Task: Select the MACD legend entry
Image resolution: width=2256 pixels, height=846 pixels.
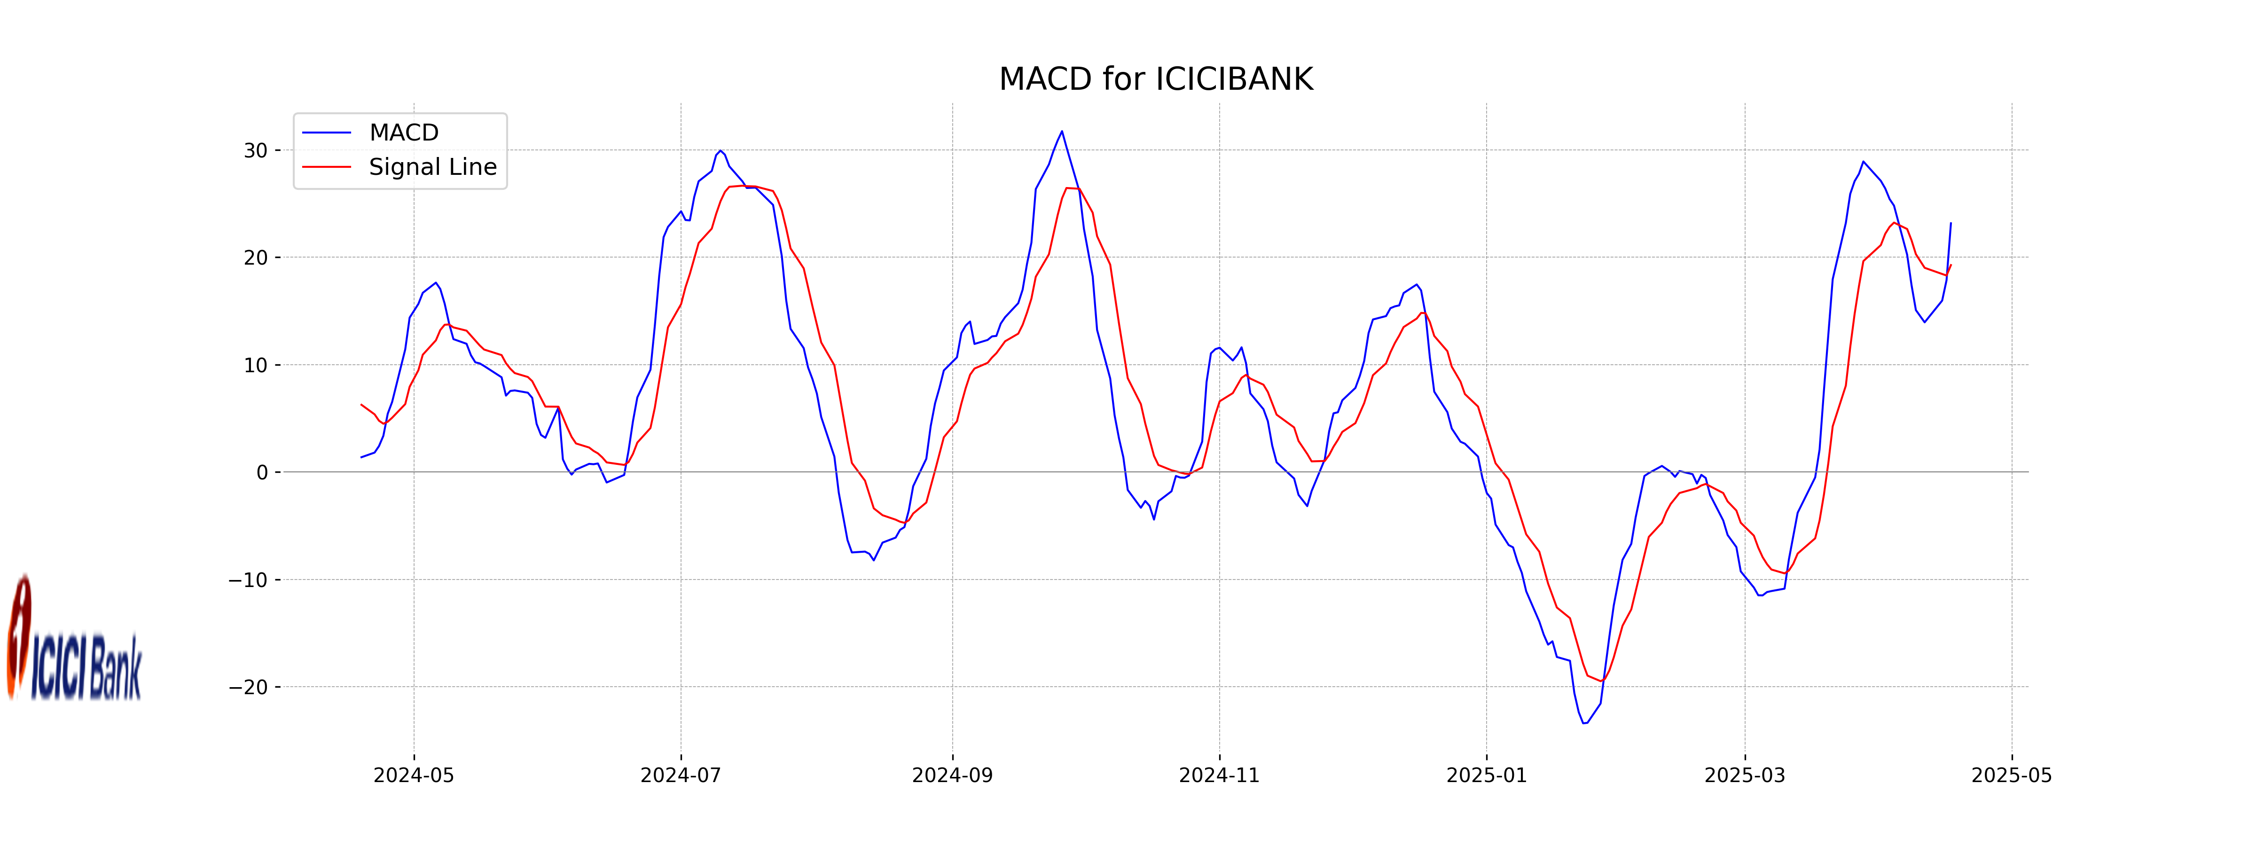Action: tap(403, 132)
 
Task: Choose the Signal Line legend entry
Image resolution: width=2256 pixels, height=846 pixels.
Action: tap(432, 166)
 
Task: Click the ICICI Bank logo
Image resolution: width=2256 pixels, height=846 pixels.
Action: tap(74, 639)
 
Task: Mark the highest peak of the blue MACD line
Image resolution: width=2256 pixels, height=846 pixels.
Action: tap(1061, 132)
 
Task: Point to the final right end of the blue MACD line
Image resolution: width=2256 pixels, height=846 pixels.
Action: tap(1950, 223)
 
